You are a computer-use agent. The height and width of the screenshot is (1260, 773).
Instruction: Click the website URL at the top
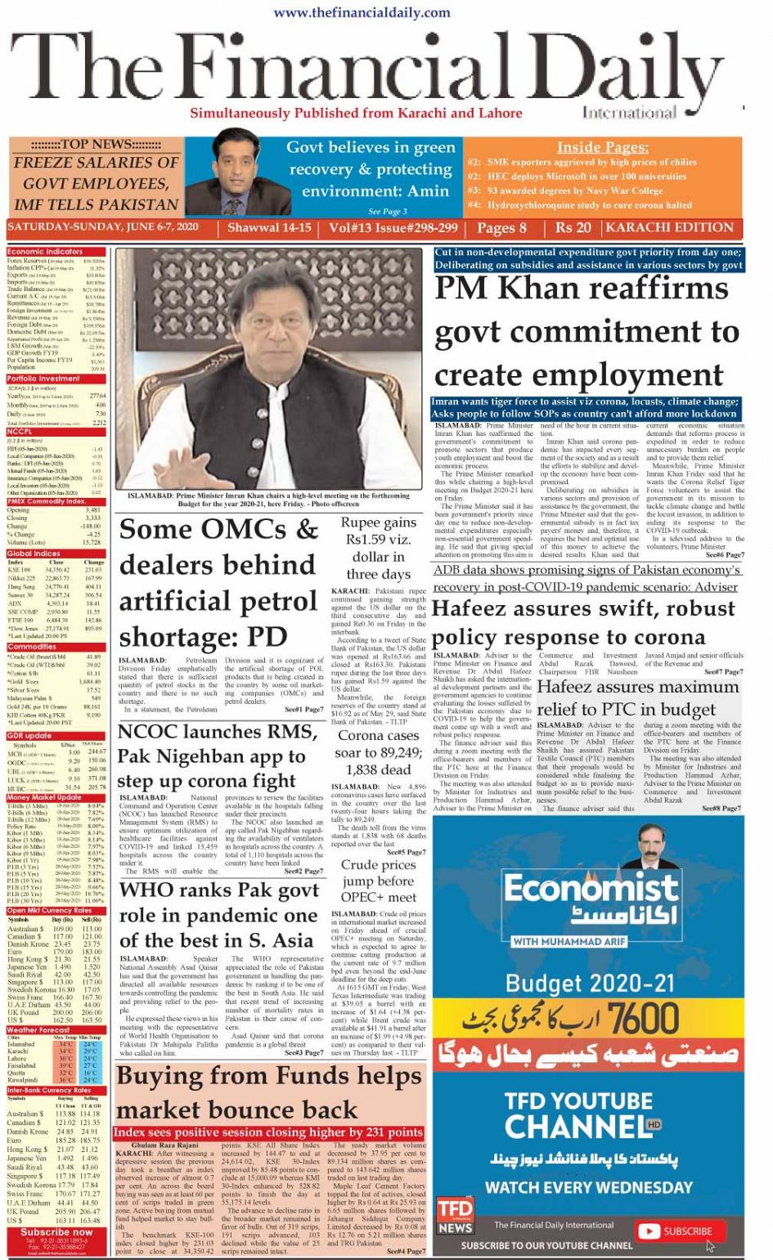coord(362,12)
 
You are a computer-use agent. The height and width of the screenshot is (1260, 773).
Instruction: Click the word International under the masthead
coord(629,112)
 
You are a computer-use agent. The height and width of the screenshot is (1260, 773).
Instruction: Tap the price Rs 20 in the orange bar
coord(573,228)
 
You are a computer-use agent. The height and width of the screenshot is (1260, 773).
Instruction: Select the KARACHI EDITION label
coord(670,228)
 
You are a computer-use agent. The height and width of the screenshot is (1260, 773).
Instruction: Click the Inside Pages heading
coord(602,147)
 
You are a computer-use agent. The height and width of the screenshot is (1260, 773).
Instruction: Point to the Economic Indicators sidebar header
coord(46,252)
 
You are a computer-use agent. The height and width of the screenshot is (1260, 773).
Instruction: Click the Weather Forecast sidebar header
coord(39,1029)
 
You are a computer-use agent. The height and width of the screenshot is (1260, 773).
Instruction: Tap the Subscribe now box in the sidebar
coord(56,1231)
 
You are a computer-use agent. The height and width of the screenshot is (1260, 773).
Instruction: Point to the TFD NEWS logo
coord(455,1216)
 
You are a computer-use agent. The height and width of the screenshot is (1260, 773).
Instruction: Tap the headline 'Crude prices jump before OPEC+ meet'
coord(378,881)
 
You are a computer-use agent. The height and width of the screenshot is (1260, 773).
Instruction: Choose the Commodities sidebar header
coord(33,646)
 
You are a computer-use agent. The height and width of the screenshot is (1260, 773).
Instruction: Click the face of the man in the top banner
coord(240,163)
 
